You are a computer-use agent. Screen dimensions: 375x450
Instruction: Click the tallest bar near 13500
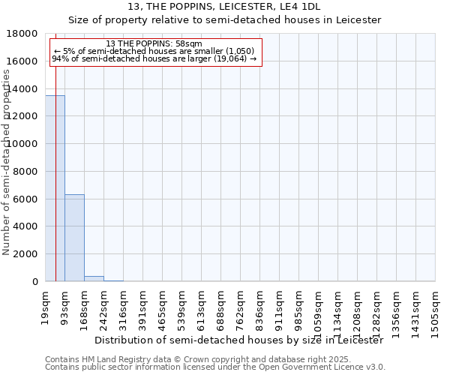click(55, 187)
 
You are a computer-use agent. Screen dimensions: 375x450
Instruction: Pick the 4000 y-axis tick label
click(25, 226)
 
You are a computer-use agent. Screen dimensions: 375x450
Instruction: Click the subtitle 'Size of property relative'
click(224, 20)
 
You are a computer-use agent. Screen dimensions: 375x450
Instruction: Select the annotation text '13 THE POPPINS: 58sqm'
click(154, 43)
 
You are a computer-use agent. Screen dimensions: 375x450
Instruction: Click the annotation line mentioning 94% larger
click(154, 58)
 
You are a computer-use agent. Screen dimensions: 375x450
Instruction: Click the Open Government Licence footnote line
click(215, 367)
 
